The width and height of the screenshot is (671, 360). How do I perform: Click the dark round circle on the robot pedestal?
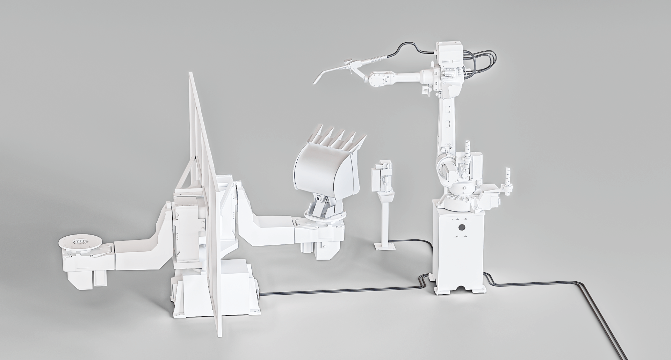[462, 228]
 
